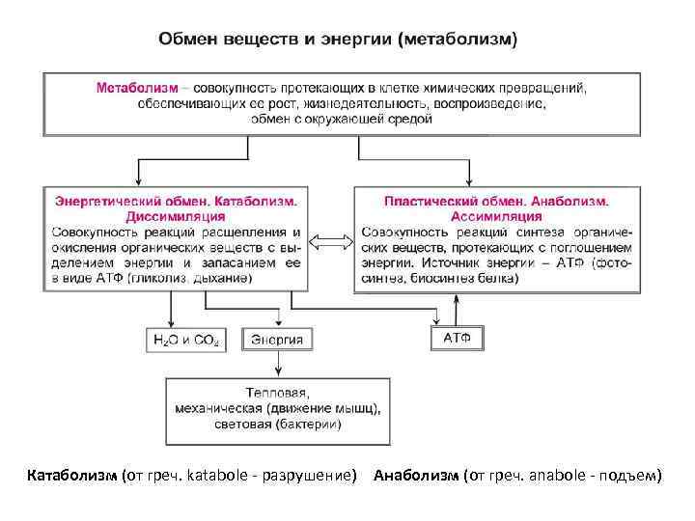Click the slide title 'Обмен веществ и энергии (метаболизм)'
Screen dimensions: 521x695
(x=338, y=41)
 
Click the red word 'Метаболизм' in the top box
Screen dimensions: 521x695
(x=136, y=88)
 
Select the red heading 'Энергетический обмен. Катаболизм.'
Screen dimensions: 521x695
(x=175, y=203)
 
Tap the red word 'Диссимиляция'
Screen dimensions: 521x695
(x=175, y=217)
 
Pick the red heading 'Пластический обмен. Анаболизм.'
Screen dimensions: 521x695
(x=496, y=203)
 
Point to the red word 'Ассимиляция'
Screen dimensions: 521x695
(x=496, y=217)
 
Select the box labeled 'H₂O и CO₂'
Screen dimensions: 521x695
(x=186, y=340)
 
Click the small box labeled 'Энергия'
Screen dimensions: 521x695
(x=278, y=340)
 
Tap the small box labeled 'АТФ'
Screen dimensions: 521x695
(x=456, y=339)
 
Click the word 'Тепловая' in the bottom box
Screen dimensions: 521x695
(x=278, y=393)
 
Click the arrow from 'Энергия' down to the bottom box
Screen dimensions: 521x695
(x=278, y=363)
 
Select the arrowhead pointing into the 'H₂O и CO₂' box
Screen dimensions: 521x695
(x=172, y=323)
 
